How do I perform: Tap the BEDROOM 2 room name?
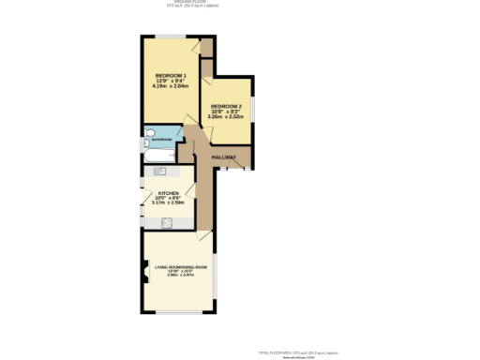pos(227,106)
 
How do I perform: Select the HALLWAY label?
pos(223,157)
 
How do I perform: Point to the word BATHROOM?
pos(161,141)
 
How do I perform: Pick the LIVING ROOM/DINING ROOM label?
pos(179,267)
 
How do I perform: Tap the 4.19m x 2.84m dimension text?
pos(172,87)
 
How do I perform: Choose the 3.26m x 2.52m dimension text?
pos(227,117)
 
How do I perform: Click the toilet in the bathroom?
pos(147,143)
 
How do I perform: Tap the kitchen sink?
pos(160,172)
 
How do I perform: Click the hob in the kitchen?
pos(166,222)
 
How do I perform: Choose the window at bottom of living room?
pos(178,312)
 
